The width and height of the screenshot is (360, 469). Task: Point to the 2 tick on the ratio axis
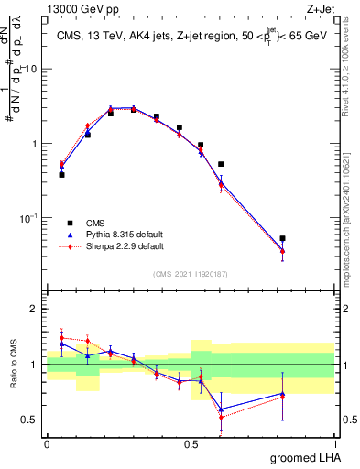[38, 309]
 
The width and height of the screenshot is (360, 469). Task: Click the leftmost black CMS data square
[61, 174]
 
